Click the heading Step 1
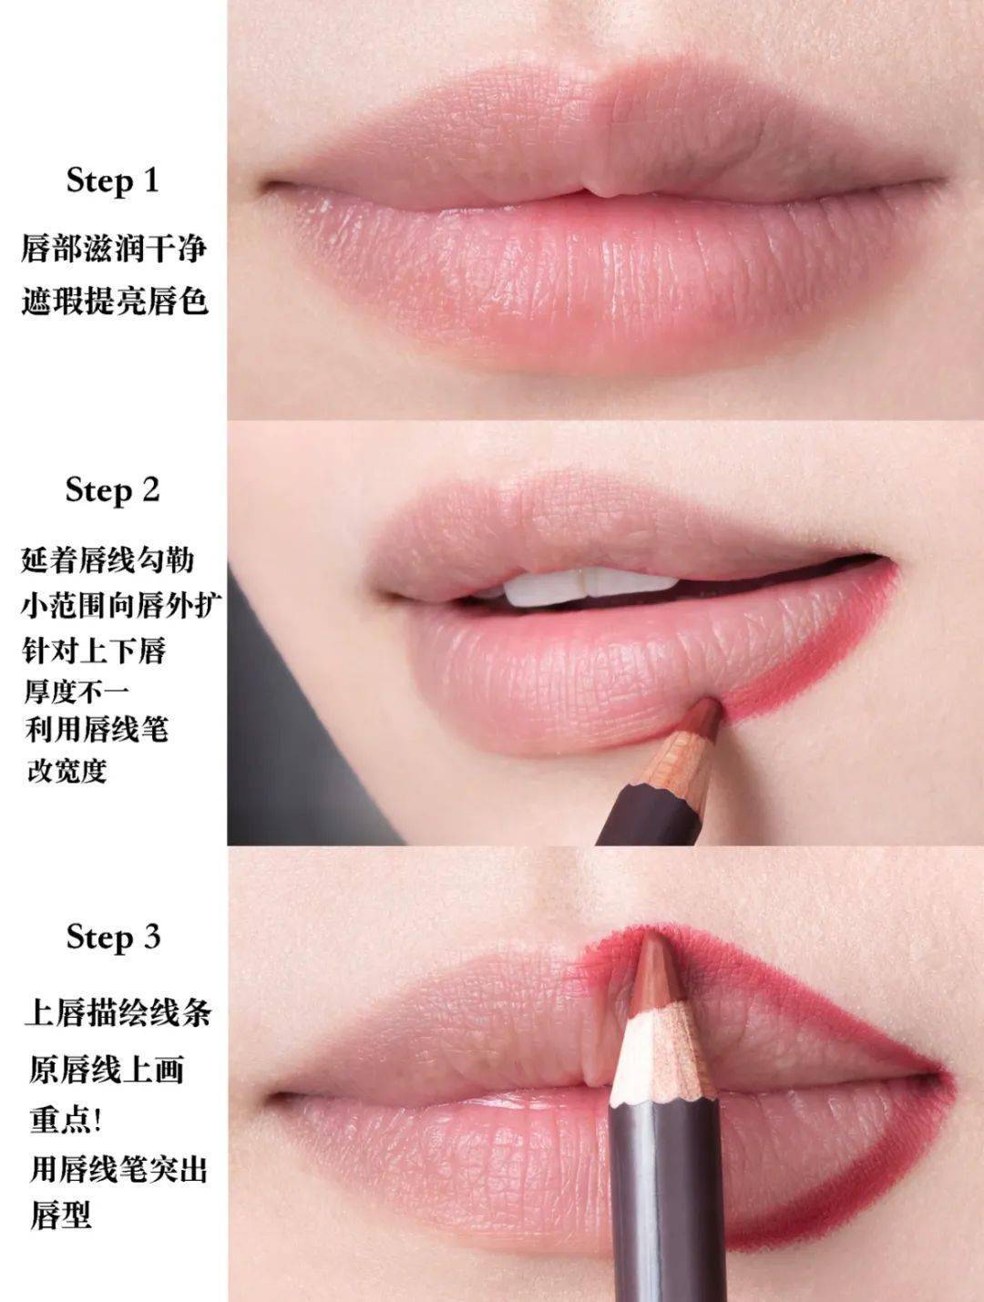click(113, 181)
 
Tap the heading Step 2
click(113, 490)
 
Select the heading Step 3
click(113, 937)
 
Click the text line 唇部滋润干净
click(114, 248)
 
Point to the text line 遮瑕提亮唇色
click(115, 301)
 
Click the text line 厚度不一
click(77, 691)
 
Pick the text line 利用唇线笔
click(96, 729)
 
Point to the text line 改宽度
click(67, 771)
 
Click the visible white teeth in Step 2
click(548, 588)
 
